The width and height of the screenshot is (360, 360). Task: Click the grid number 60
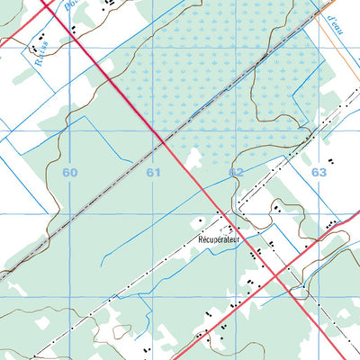coord(71,171)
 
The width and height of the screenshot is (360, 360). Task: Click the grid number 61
coord(154,171)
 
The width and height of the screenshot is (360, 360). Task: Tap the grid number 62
coord(236,171)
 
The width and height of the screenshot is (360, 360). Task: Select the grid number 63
coord(319,169)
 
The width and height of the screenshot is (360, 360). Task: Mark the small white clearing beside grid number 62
coord(193,158)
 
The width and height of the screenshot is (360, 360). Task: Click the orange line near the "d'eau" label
coord(337,45)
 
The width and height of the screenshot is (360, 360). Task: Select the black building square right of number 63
coord(330,161)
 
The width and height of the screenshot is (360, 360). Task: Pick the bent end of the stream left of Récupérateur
coord(104,261)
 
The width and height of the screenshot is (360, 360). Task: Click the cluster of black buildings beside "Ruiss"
coord(40,40)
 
